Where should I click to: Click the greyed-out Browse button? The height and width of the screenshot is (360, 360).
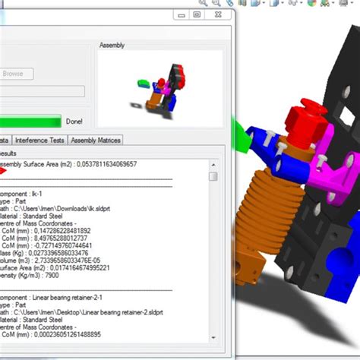pos(13,74)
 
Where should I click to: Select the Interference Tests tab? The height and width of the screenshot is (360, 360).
pos(40,140)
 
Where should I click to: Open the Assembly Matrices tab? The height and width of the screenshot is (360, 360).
pos(95,140)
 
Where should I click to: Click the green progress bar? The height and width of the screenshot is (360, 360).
pos(30,120)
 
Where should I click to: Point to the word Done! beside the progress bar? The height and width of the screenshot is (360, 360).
pos(74,121)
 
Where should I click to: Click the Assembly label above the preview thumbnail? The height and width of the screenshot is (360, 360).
pos(112,46)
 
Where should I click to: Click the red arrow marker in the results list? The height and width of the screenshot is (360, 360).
pos(2,172)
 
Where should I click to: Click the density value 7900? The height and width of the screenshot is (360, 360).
pos(40,276)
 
